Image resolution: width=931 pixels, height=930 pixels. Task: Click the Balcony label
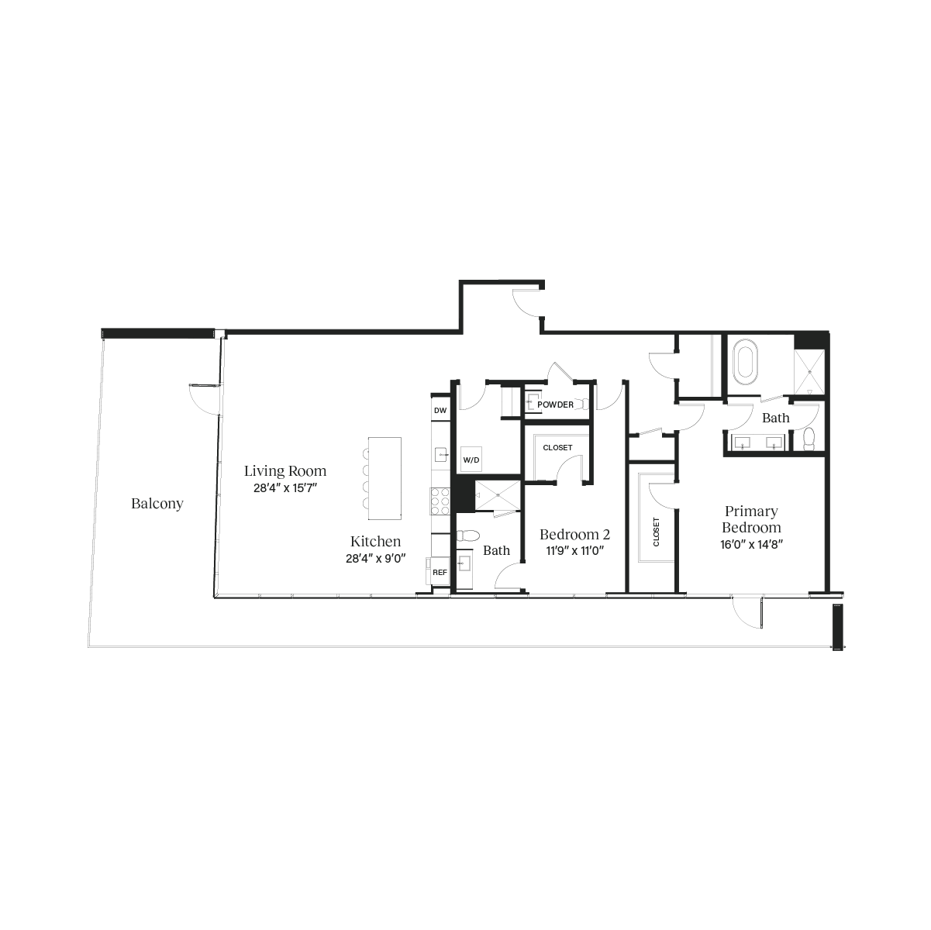[x=157, y=504]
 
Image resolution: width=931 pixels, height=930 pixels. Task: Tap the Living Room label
[x=285, y=470]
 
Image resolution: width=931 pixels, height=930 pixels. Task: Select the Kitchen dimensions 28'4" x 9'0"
[x=375, y=559]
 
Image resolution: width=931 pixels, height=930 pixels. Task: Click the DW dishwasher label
[x=440, y=411]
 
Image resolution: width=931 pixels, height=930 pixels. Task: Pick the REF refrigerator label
[x=440, y=573]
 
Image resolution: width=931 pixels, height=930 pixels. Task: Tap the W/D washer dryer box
[x=471, y=460]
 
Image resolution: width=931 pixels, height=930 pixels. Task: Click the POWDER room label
[x=556, y=405]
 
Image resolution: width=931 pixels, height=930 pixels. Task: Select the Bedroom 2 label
[x=575, y=534]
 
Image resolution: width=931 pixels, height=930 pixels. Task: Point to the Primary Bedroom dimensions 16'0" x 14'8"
[x=751, y=545]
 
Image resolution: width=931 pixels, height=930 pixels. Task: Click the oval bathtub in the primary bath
[x=746, y=363]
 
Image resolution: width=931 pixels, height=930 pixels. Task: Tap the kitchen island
[x=384, y=478]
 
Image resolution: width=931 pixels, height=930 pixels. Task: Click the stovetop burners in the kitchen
[x=440, y=501]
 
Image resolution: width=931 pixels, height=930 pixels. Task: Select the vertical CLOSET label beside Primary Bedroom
[x=656, y=532]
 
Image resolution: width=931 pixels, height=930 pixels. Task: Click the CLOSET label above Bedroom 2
[x=557, y=448]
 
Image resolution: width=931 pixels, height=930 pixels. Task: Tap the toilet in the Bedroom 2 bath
[x=467, y=536]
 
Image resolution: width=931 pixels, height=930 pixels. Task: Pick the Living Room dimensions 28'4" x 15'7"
[x=285, y=488]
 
